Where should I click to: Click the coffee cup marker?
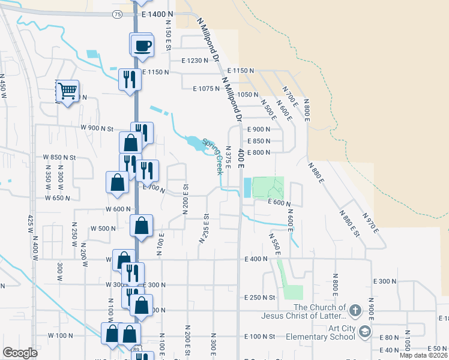142,45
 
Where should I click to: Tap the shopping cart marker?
67,91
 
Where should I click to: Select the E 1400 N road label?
157,14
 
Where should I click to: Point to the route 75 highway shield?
117,14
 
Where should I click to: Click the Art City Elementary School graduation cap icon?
364,331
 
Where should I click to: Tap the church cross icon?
355,310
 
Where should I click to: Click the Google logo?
20,353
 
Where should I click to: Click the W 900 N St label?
97,128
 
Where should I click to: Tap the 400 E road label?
241,154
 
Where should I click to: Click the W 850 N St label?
59,157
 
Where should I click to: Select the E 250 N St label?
259,298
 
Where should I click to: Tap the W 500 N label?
102,229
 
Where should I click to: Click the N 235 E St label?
203,228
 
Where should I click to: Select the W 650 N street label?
58,198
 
